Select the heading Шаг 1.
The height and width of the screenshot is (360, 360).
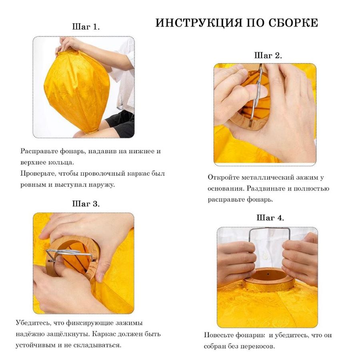[86, 27]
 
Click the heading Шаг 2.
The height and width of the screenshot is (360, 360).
[268, 56]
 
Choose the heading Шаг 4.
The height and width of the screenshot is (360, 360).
[270, 218]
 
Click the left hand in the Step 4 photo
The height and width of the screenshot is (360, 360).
[236, 260]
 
